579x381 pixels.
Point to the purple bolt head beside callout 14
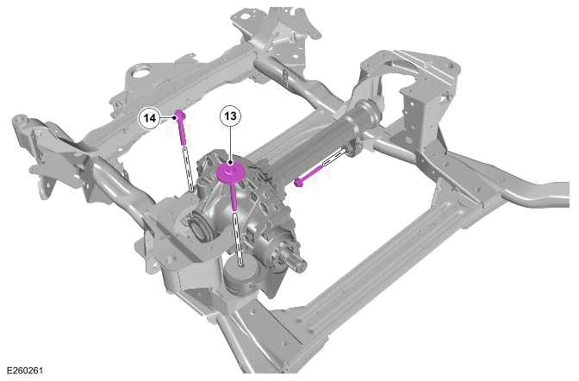[x=181, y=114]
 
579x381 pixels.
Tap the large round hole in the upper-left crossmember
[x=138, y=72]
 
